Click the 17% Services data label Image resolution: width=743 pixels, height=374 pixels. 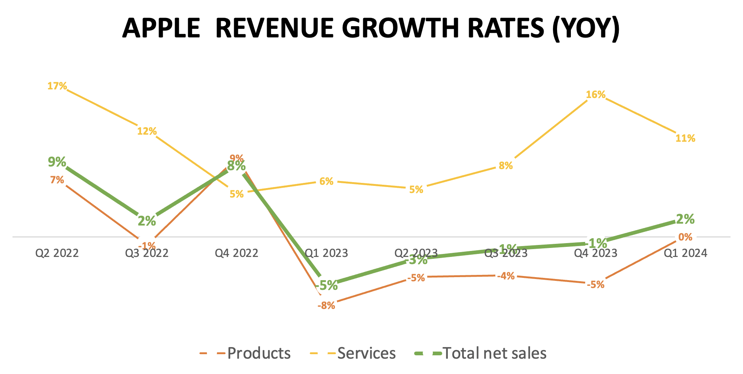click(57, 86)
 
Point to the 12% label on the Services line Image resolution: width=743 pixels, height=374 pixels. click(147, 131)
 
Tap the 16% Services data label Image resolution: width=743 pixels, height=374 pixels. click(596, 95)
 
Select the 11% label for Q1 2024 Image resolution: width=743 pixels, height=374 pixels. click(685, 138)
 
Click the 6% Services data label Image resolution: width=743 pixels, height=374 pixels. click(326, 181)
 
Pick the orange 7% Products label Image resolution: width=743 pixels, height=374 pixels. click(57, 180)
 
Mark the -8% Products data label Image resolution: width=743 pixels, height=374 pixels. click(326, 306)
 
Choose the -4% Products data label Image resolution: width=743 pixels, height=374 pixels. click(506, 276)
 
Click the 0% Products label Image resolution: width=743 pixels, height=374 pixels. click(685, 237)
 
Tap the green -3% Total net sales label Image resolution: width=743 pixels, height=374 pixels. click(416, 260)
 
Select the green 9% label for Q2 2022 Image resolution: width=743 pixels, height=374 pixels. click(57, 162)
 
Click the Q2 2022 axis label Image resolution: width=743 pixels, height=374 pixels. click(57, 253)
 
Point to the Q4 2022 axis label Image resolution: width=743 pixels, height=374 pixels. click(236, 253)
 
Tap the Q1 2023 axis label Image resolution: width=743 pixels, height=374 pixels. click(326, 253)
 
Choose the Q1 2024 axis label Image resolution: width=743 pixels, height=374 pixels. click(685, 253)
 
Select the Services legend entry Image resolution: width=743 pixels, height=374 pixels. click(366, 353)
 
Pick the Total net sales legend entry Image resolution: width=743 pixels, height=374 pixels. click(495, 353)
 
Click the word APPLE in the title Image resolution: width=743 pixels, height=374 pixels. click(161, 28)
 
